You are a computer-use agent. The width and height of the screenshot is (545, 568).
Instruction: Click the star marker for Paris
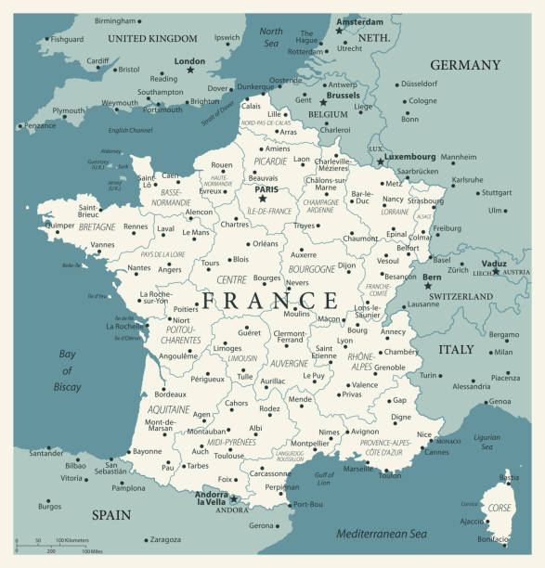point(263,198)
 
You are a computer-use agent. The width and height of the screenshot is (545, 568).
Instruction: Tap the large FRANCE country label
point(270,300)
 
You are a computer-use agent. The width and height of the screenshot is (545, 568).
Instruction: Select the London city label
point(189,61)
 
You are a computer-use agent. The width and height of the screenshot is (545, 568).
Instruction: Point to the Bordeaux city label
point(170,394)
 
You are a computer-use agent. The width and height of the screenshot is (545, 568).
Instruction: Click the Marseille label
point(357,469)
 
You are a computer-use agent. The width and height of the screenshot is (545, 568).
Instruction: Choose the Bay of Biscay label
point(66,370)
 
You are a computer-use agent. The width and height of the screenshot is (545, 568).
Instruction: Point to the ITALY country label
point(456,349)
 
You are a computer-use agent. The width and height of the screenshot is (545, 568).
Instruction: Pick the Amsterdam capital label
point(359,21)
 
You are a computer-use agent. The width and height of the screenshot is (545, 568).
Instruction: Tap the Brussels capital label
point(343,95)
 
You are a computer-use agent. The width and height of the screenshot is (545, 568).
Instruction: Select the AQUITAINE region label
point(169,409)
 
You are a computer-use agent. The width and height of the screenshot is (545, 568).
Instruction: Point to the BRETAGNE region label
point(97,226)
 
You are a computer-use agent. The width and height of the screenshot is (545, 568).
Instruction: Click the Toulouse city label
point(228,456)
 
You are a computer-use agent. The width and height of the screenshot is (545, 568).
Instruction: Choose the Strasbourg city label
point(425,200)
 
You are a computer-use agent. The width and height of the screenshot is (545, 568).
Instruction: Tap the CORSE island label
point(500,509)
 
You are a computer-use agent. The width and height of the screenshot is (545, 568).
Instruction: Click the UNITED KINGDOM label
point(152,39)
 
